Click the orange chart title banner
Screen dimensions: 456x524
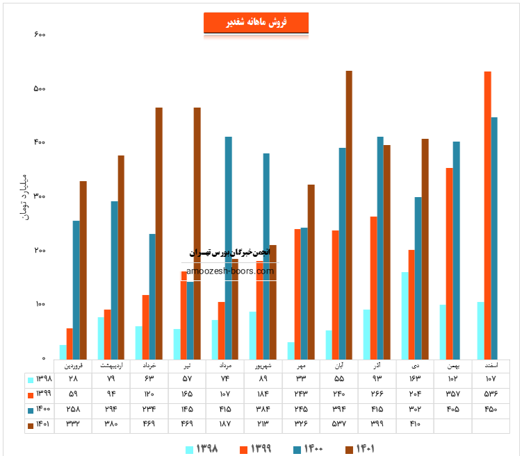pos(256,23)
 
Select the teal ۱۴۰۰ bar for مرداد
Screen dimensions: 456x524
pos(228,247)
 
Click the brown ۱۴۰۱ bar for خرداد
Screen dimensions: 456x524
pos(159,233)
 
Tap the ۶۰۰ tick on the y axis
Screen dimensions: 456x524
pos(39,35)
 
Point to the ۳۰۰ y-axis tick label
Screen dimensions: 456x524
pos(39,196)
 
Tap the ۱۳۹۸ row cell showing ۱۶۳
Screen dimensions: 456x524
pos(415,379)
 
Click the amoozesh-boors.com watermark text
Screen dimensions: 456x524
pos(230,271)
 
